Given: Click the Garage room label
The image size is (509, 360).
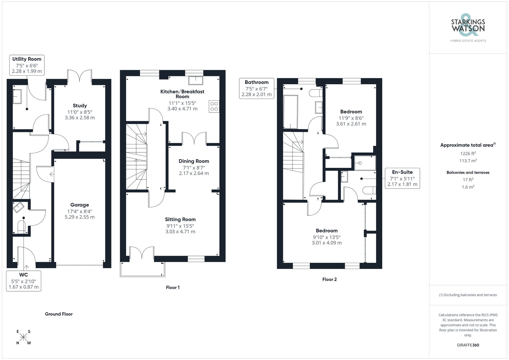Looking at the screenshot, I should (x=80, y=205).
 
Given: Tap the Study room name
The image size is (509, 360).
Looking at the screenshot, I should (x=80, y=106).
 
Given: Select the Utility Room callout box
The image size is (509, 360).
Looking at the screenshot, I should (x=27, y=65).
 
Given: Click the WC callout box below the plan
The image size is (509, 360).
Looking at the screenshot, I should (x=24, y=281).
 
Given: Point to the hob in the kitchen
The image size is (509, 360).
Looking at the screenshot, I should (x=214, y=106).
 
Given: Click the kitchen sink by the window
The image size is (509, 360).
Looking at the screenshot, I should (x=196, y=80).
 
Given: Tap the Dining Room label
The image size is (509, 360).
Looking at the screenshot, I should (x=194, y=161).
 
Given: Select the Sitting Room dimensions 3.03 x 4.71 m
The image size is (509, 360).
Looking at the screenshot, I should (x=180, y=232).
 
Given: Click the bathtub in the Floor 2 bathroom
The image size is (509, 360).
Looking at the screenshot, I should (x=291, y=112).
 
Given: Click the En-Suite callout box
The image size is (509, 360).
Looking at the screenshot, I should (x=402, y=178).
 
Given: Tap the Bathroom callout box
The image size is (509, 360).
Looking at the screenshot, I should (x=257, y=88).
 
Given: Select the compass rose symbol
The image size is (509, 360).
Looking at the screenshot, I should (x=23, y=337).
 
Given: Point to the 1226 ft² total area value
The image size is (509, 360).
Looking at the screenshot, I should (x=468, y=153).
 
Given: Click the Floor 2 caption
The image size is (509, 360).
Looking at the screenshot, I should (x=329, y=279).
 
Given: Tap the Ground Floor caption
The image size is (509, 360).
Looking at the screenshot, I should (x=59, y=314).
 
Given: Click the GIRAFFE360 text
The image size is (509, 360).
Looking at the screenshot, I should (x=468, y=345).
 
